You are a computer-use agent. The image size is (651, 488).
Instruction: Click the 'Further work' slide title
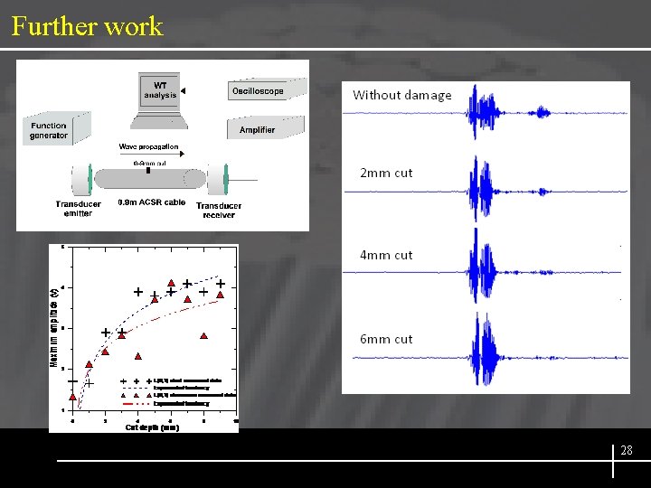[x=87, y=25]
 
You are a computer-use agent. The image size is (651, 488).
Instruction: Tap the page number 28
[x=627, y=450]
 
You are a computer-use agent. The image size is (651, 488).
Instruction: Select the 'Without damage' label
[x=401, y=95]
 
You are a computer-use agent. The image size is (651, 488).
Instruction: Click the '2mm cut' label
[x=386, y=173]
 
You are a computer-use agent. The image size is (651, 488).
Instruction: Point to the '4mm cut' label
[x=386, y=255]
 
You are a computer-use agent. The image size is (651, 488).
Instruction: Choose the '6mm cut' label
[x=386, y=339]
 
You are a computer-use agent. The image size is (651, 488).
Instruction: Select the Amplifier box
[x=258, y=129]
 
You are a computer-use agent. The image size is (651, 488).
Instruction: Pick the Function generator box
[x=50, y=130]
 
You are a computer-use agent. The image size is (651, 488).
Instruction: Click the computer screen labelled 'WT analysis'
[x=160, y=90]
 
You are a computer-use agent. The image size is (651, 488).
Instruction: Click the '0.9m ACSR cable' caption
[x=151, y=202]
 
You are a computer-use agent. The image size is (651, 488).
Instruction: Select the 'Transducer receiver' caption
[x=218, y=210]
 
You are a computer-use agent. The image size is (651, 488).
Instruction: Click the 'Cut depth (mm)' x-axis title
[x=152, y=427]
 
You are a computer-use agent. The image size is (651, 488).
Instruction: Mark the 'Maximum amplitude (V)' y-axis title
[x=53, y=326]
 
